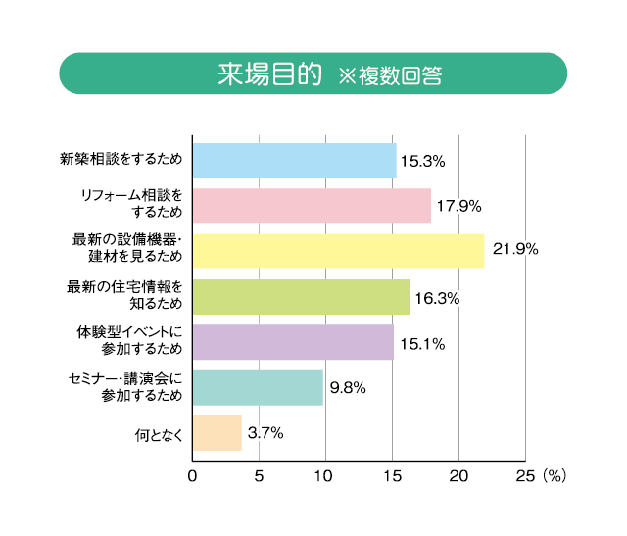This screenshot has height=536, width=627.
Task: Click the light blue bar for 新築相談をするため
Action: coord(294,161)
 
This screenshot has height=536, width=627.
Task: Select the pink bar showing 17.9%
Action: coord(312,206)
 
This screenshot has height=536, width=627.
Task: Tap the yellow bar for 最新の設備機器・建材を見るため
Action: coord(338,251)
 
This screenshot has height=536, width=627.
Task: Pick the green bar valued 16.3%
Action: coord(301,297)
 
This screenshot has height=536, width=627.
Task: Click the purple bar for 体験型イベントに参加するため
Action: coord(293,342)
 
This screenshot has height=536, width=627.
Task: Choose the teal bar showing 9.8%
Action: coord(258,387)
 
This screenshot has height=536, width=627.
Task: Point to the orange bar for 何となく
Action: coord(217,433)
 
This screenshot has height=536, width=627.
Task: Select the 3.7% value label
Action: coord(265,432)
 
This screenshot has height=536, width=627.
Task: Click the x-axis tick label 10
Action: coord(325,476)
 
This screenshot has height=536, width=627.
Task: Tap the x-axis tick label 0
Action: coord(193,476)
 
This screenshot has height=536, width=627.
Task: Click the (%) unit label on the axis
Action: coord(555,476)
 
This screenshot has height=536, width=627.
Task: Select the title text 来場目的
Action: coord(269,73)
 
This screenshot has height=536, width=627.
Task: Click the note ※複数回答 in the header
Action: coord(390,75)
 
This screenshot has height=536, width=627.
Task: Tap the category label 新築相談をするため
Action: coord(121,161)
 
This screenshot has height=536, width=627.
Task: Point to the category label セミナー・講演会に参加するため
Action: coord(127,387)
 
